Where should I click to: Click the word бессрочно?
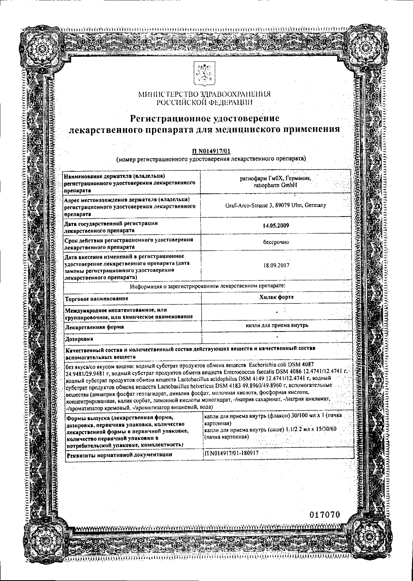coord(276,242)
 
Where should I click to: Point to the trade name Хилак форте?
coord(276,297)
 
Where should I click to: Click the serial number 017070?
coord(325,515)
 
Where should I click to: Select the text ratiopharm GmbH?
coord(275,185)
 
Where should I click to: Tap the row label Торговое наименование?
coord(97,299)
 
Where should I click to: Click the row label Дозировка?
coord(79,339)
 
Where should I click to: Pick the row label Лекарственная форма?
coord(95,327)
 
